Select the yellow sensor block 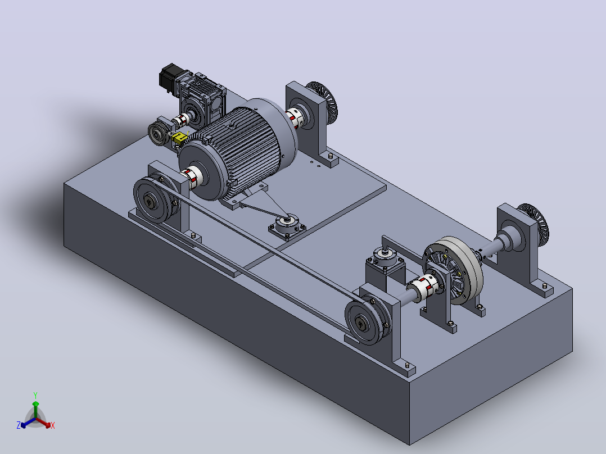[x=179, y=138]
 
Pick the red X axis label [x=53, y=425]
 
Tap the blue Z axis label [x=19, y=425]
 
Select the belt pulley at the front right [x=364, y=321]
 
